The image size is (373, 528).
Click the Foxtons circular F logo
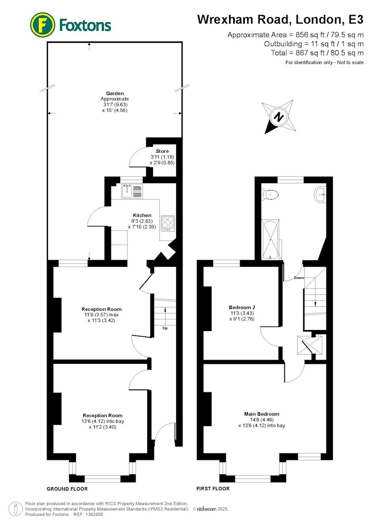43,25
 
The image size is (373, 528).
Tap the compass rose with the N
279,117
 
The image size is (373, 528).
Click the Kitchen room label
142,215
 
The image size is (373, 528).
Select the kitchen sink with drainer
132,191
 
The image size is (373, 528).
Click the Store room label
162,151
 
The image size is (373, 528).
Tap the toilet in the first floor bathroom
271,194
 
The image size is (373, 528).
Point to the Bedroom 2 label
242,307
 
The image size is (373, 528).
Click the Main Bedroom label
262,414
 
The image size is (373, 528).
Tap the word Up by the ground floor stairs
165,328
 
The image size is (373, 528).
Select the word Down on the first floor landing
299,278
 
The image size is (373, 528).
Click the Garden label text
115,93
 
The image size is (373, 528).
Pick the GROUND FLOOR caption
67,489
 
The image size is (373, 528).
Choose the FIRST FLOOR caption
213,488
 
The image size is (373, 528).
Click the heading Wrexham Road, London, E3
280,20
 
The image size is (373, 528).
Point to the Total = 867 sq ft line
317,53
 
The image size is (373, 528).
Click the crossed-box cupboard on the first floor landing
305,345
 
